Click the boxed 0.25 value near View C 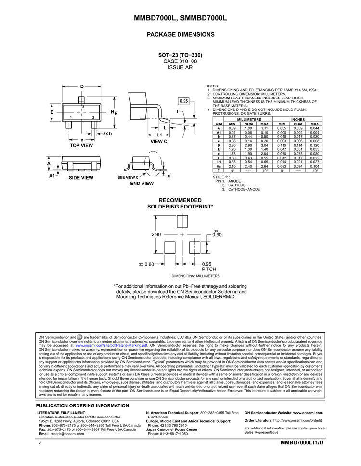[184, 101]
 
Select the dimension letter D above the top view [82, 86]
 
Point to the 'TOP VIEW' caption [81, 145]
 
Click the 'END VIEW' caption [142, 183]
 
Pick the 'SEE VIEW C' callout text [128, 177]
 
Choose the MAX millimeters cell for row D [264, 145]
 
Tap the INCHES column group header [298, 119]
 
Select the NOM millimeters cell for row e [248, 154]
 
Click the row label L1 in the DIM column [219, 162]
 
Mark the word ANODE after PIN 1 [234, 181]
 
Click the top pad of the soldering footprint [182, 222]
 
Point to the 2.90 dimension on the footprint [156, 235]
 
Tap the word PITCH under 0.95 [209, 270]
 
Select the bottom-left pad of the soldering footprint [170, 247]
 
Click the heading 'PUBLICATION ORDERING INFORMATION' [83, 405]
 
